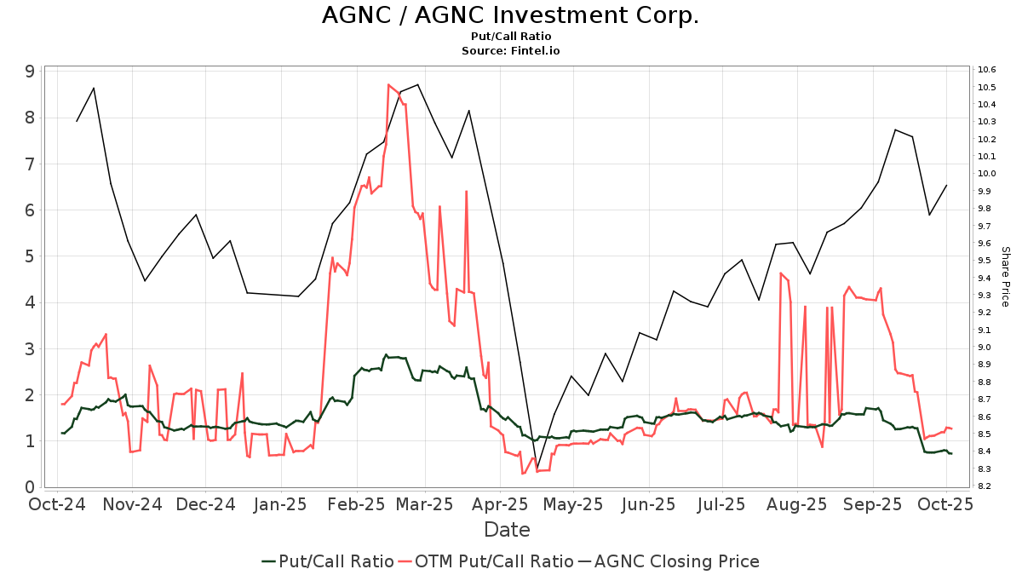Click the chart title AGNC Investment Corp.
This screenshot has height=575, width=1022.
point(510,15)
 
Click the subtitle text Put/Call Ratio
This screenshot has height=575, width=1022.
point(510,37)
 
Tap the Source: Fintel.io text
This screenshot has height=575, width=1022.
point(510,51)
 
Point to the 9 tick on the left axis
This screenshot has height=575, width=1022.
point(29,72)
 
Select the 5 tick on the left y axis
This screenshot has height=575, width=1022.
point(29,256)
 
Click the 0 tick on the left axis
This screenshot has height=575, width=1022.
point(29,487)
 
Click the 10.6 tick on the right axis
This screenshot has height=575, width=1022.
point(988,70)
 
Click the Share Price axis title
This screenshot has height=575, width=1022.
point(1005,277)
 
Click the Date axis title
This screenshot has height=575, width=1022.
point(507,530)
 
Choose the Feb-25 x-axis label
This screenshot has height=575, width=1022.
point(356,504)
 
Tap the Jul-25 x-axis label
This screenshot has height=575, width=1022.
point(721,504)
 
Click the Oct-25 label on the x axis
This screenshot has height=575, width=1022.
point(945,504)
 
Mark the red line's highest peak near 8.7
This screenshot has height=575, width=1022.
point(388,84)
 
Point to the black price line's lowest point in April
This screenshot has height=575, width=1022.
point(537,468)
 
